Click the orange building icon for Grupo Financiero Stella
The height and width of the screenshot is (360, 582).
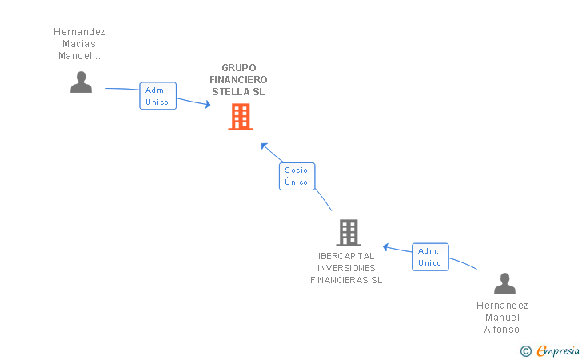pos(241,117)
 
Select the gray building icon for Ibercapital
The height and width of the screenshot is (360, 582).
pos(349,233)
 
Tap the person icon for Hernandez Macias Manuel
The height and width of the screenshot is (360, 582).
pos(81,82)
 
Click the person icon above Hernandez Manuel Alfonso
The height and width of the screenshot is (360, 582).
pos(504,283)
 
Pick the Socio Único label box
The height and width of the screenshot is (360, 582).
pos(297,176)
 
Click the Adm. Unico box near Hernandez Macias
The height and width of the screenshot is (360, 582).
pos(157,96)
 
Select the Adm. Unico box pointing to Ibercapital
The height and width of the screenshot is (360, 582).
pos(430,257)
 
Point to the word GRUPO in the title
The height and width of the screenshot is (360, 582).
pos(239,68)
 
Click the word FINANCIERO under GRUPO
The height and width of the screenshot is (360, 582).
pos(238,79)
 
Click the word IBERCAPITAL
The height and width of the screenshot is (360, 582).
pos(346,256)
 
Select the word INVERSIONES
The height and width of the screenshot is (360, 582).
pos(346,268)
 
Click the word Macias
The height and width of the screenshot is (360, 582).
pos(79,44)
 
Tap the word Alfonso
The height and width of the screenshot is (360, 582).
pos(502,329)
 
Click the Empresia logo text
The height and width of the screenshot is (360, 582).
pos(558,350)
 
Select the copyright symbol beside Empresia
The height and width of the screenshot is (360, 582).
pos(526,351)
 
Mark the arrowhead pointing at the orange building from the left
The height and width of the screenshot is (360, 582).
pos(208,104)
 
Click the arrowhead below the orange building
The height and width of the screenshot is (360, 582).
pos(265,146)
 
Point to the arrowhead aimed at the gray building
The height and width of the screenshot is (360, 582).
pos(385,247)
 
